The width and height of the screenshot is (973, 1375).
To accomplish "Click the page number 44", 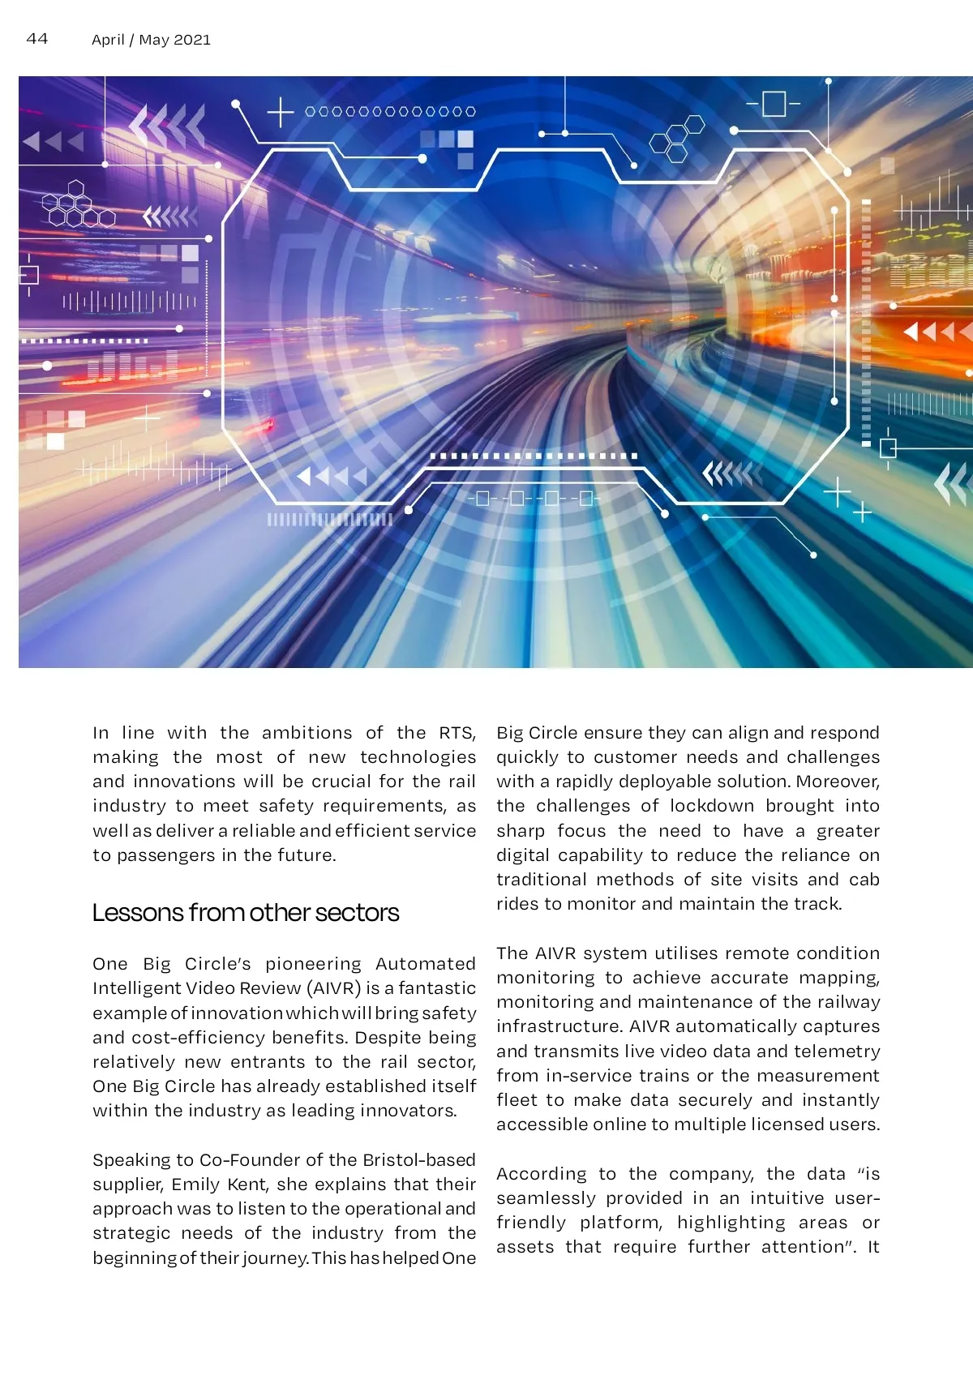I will tap(37, 39).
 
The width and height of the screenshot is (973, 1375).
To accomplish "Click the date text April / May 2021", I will tap(151, 40).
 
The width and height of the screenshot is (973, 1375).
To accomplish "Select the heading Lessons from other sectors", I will tap(245, 913).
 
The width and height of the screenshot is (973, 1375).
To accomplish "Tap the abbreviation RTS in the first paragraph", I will tap(456, 733).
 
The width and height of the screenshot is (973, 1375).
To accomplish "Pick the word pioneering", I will tap(313, 964).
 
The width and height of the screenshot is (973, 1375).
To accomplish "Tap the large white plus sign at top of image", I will tap(280, 112).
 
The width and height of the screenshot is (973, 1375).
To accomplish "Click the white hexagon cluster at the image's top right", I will tap(677, 140).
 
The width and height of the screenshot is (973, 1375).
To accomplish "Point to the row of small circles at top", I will tap(390, 112).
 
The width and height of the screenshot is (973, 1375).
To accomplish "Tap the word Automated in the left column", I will tap(425, 964).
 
